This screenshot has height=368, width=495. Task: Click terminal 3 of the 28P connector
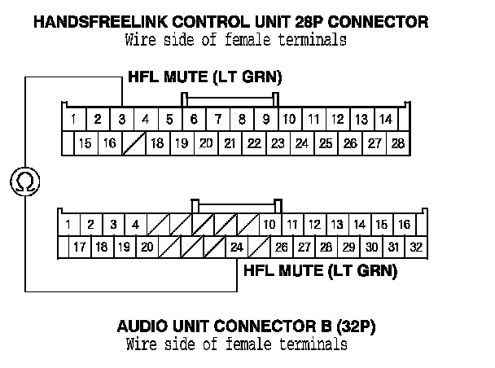pos(121,120)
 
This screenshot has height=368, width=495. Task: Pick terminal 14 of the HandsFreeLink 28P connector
pos(385,120)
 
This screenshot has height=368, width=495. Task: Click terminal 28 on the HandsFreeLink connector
pos(397,144)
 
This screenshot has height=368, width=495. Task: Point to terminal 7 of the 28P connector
pos(217,120)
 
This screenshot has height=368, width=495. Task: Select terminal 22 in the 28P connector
pos(254,144)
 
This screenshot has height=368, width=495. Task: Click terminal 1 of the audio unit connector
pos(68,224)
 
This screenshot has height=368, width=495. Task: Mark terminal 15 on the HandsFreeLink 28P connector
pos(85,144)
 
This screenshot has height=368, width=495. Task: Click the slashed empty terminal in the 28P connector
pos(133,144)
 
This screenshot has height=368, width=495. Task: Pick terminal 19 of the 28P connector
pos(182,144)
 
